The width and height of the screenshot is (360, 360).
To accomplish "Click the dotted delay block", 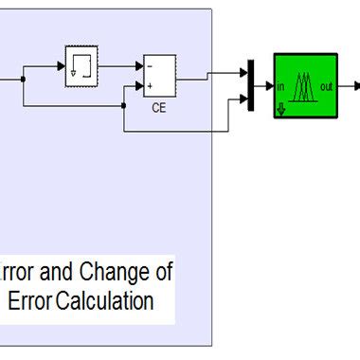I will [x=81, y=66].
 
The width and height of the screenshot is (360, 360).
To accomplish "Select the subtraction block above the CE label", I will [x=158, y=76].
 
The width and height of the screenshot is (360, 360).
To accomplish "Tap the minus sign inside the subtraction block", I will [x=150, y=67].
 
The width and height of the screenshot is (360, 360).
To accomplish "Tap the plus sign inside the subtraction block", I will [x=150, y=86].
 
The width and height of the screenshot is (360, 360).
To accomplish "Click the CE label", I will [x=159, y=108].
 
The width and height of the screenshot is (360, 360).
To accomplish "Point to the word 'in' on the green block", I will [x=281, y=87].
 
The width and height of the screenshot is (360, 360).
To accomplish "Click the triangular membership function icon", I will [x=304, y=88].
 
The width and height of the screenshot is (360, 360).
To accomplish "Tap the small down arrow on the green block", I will [x=281, y=109].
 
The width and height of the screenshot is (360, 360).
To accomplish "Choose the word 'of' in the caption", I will [x=163, y=274].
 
